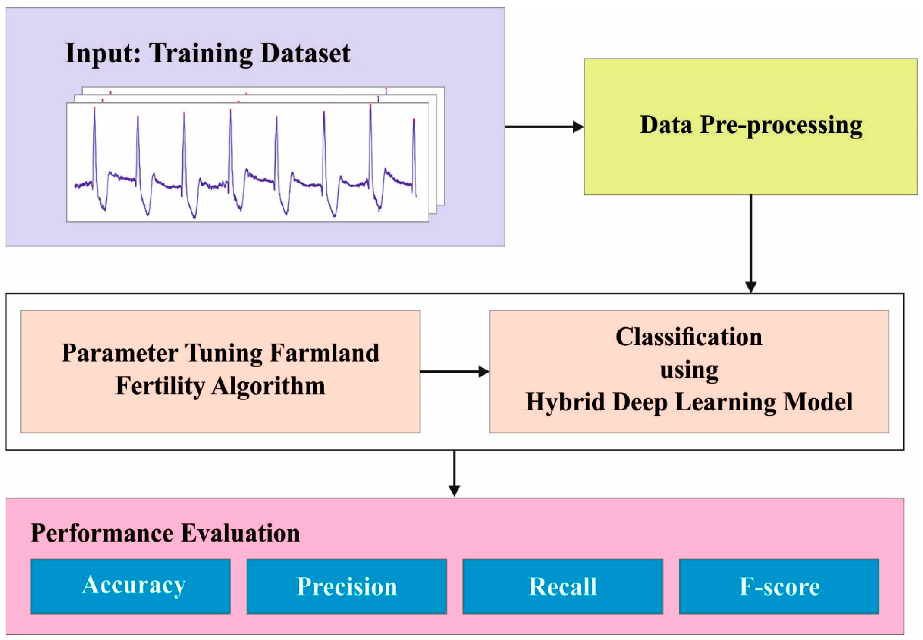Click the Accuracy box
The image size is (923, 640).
(130, 586)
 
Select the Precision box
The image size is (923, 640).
(346, 586)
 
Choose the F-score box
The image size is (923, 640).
(779, 586)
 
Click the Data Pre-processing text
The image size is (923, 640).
(751, 125)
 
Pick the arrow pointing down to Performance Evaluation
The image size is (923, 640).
(454, 473)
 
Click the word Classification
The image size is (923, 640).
(689, 337)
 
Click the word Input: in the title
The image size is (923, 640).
(103, 54)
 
